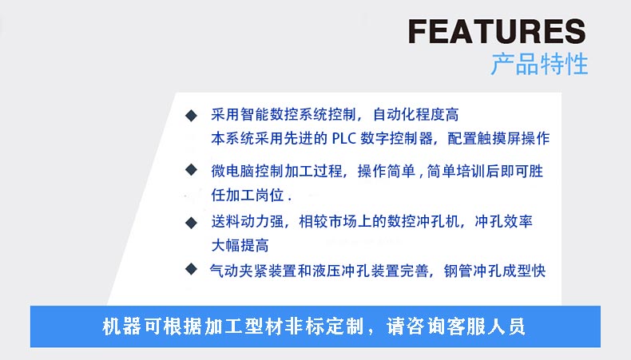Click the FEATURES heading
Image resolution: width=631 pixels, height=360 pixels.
pyautogui.click(x=497, y=31)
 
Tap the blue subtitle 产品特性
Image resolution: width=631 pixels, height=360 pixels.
pyautogui.click(x=539, y=64)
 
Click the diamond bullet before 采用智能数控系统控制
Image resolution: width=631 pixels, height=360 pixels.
pyautogui.click(x=191, y=116)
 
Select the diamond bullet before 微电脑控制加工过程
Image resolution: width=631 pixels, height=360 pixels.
pyautogui.click(x=191, y=170)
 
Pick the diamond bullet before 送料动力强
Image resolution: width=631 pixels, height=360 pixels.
pyautogui.click(x=191, y=223)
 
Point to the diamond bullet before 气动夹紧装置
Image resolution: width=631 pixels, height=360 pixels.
pyautogui.click(x=191, y=269)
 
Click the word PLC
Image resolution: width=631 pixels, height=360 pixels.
pyautogui.click(x=344, y=139)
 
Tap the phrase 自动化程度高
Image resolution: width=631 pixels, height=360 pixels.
pyautogui.click(x=416, y=115)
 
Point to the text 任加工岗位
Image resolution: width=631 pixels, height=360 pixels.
pyautogui.click(x=248, y=195)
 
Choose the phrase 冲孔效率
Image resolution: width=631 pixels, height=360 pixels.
pyautogui.click(x=504, y=221)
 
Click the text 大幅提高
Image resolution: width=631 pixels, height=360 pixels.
pyautogui.click(x=240, y=245)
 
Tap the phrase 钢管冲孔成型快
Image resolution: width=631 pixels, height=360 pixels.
pyautogui.click(x=495, y=271)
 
